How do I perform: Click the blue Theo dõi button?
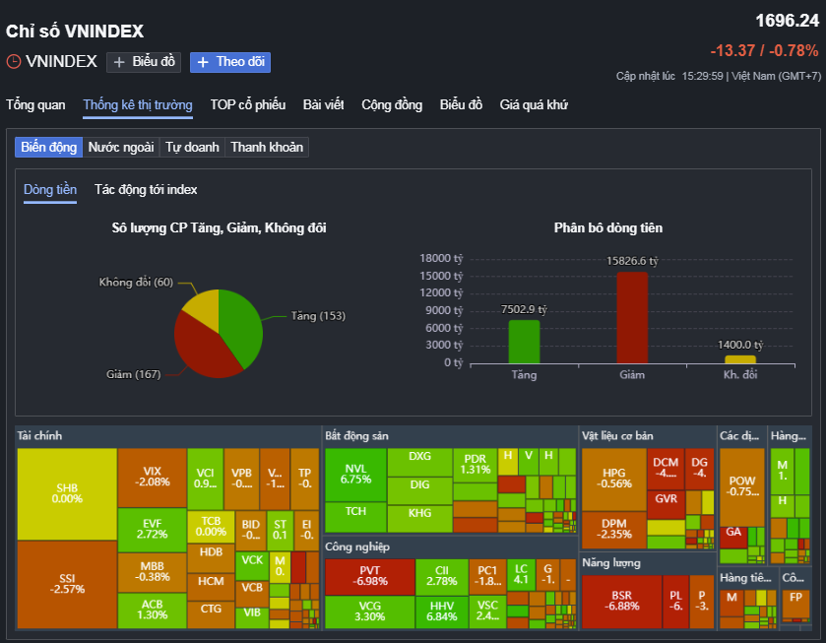coord(229,62)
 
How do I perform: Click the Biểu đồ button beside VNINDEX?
coord(143,62)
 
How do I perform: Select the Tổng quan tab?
coord(35,105)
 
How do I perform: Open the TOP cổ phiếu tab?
coord(247,105)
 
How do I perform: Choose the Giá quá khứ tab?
coord(534,105)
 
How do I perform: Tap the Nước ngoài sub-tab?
coord(121,148)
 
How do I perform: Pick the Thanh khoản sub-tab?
coord(267,148)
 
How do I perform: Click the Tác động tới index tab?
coord(146,190)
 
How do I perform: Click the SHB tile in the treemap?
coord(67,493)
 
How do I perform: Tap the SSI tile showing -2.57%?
coord(67,583)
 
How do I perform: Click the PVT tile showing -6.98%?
coord(369,576)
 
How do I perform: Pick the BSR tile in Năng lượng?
coord(621,600)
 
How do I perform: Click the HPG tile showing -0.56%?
coord(613,478)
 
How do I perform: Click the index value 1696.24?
coord(787,21)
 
